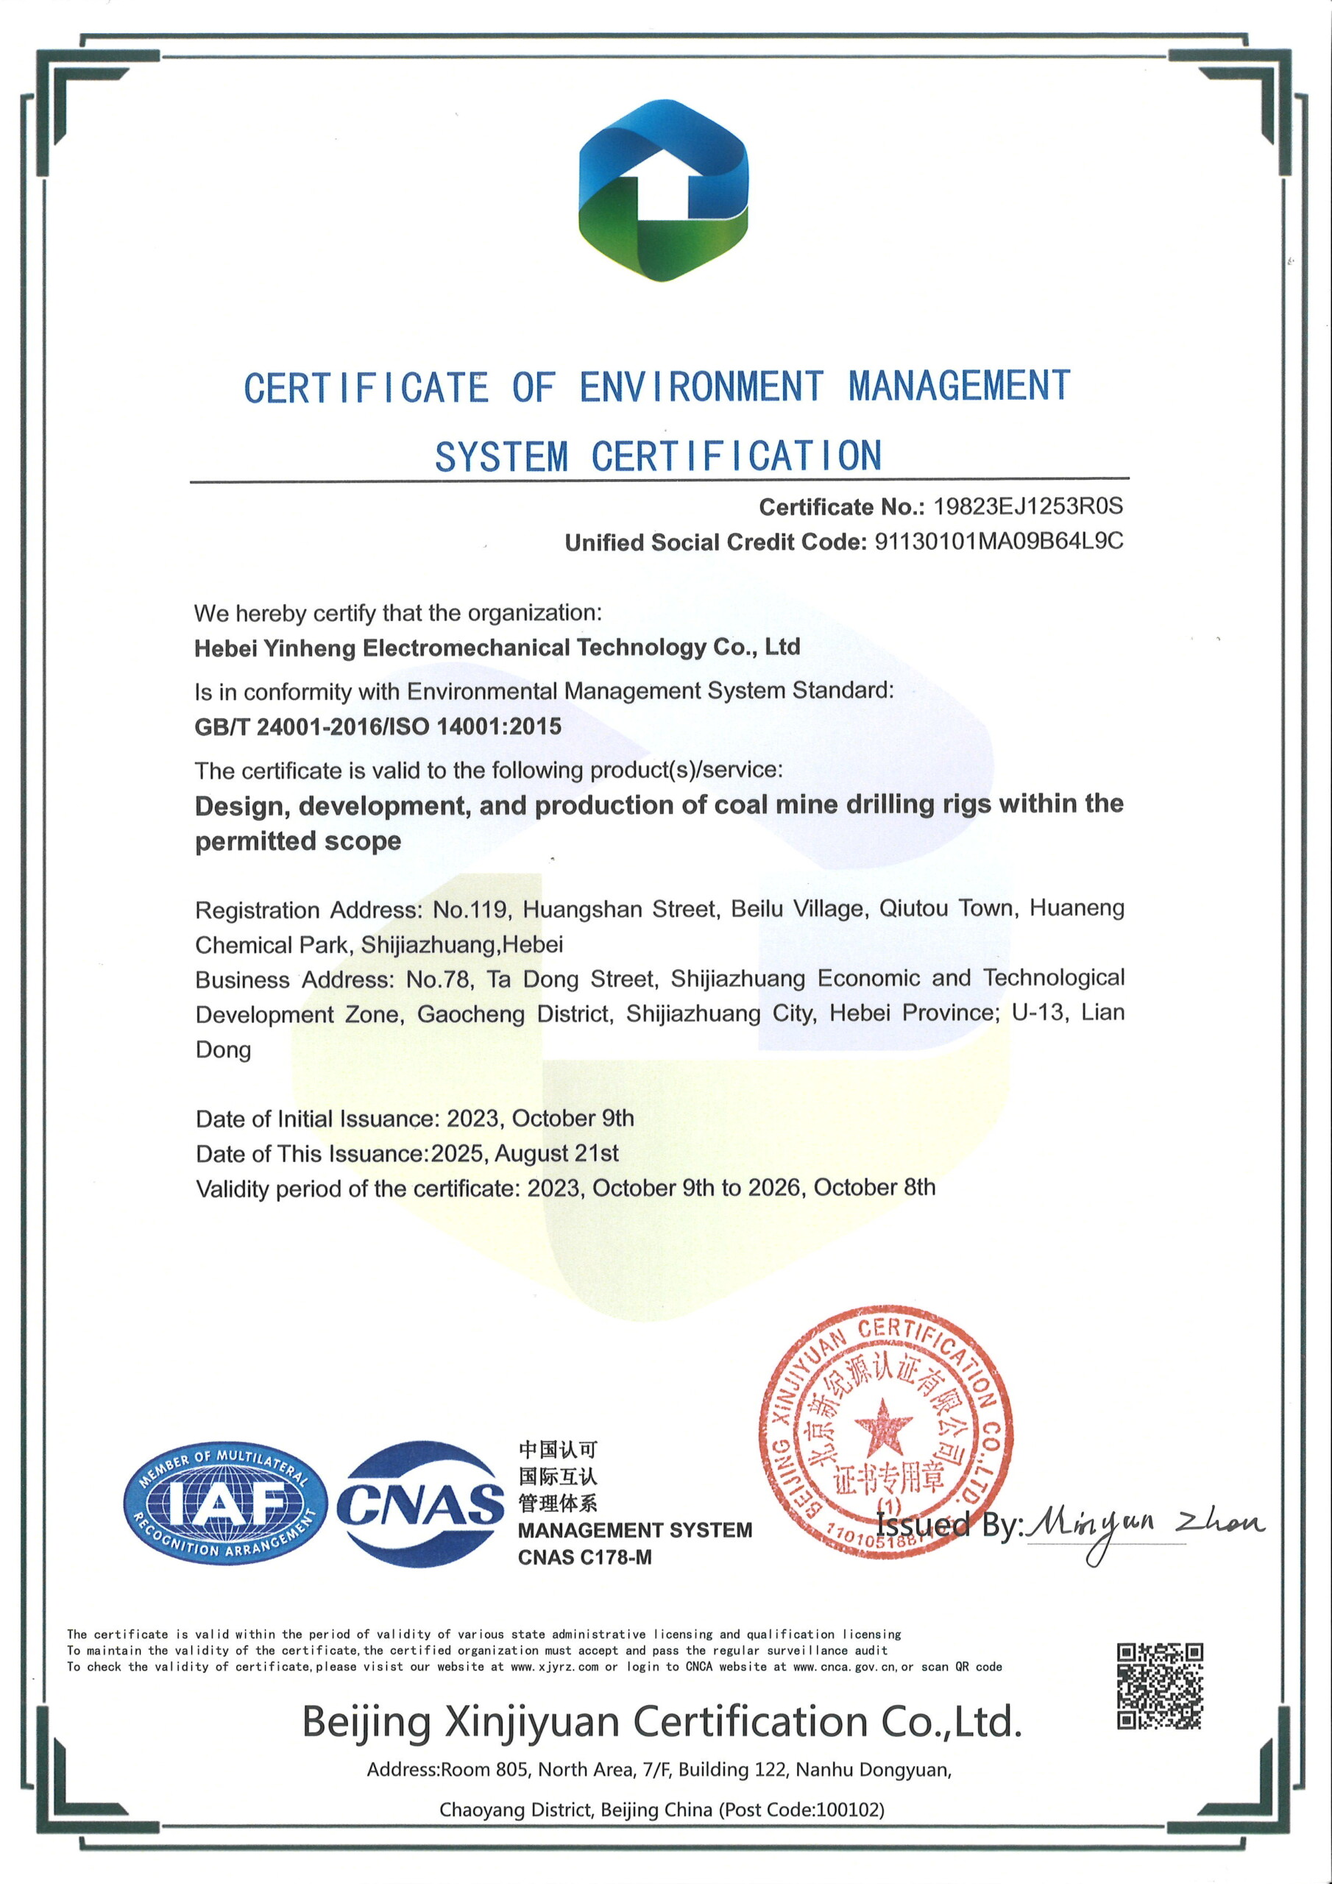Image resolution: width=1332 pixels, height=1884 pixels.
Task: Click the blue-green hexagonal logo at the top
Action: coord(663,191)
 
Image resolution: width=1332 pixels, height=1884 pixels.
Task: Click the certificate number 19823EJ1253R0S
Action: coord(1027,506)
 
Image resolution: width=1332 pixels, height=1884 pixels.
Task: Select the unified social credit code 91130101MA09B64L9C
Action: coord(999,542)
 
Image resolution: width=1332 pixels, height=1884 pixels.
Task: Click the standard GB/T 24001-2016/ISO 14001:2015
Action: coord(378,726)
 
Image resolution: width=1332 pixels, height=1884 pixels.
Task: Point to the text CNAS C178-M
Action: coord(584,1557)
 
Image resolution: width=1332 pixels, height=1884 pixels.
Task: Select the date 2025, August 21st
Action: coord(525,1153)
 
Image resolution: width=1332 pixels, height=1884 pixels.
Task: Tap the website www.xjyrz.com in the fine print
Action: coord(554,1667)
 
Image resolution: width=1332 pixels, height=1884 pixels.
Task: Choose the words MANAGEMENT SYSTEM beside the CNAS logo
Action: coord(634,1529)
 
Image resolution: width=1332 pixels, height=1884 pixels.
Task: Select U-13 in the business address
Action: coord(1040,1013)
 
